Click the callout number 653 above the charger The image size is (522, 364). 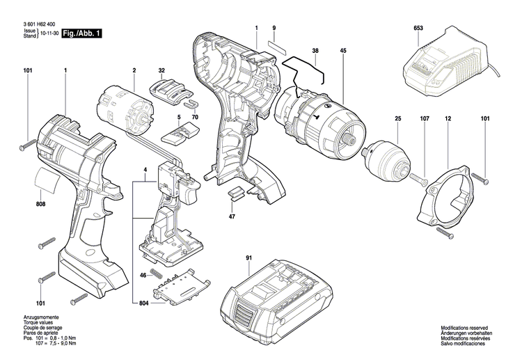pos(418,28)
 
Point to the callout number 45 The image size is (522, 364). pos(343,52)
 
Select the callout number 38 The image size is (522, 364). pos(315,52)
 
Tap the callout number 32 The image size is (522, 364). pos(161,71)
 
